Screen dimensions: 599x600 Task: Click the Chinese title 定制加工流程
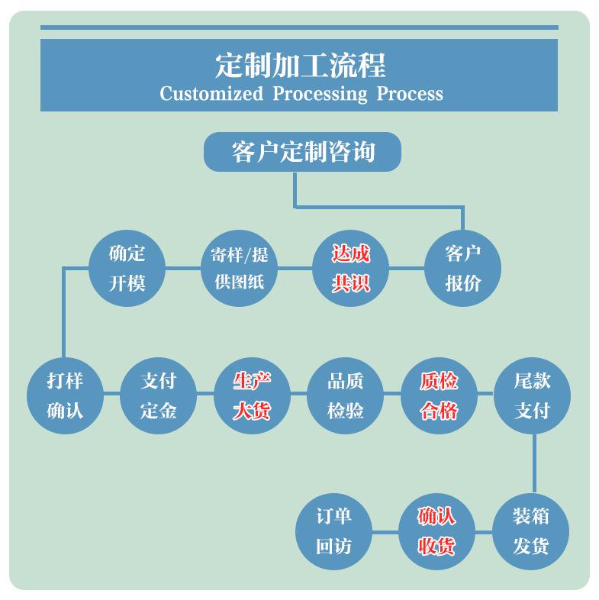pos(300,65)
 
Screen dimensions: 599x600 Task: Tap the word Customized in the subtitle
pos(211,94)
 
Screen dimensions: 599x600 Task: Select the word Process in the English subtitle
pos(409,94)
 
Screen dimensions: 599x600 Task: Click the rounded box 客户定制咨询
pos(302,151)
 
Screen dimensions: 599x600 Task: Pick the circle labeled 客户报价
pos(462,268)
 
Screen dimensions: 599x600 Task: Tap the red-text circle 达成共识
pos(350,268)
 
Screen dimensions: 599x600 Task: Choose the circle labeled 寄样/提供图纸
pos(238,268)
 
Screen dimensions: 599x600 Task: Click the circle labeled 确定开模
pos(127,268)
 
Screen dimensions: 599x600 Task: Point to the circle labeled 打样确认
pos(65,395)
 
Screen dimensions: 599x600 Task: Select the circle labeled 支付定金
pos(159,395)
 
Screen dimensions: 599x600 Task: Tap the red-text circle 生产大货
pos(252,395)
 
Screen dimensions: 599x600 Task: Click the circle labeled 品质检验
pos(345,395)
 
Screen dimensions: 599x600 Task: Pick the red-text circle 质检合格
pos(439,395)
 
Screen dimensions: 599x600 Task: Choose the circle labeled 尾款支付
pos(532,395)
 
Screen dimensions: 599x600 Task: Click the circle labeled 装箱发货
pos(532,531)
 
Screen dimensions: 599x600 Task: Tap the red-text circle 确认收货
pos(436,531)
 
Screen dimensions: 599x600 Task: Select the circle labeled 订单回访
pos(333,531)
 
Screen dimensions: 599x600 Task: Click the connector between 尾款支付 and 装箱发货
pos(533,463)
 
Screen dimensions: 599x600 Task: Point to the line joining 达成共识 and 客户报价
pos(406,268)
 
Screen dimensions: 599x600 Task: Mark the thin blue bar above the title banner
pos(299,27)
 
